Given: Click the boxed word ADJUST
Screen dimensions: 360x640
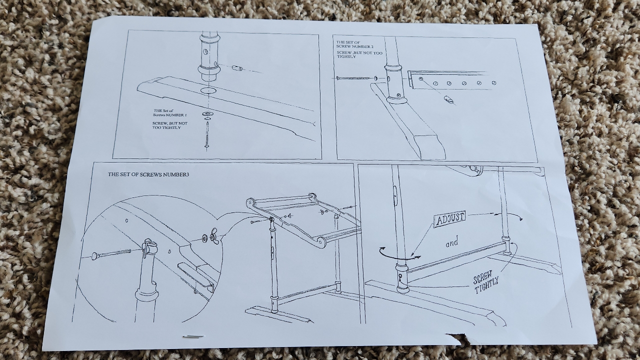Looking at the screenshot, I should pos(450,218).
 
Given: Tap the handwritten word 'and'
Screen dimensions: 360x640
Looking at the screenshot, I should pos(452,243).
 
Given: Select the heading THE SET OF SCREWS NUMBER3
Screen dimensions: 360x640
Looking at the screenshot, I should pos(148,174).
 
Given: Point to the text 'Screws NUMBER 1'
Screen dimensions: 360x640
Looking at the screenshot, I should pos(169,115).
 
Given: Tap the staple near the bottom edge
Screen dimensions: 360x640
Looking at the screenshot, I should pos(192,337).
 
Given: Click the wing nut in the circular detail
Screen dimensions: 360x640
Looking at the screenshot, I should pos(214,236).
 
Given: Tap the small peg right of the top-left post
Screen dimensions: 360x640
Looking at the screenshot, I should pos(237,67).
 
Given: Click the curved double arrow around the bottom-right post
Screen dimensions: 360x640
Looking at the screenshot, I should pos(399,254).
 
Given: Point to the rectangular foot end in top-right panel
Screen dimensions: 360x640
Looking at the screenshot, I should pos(429,145).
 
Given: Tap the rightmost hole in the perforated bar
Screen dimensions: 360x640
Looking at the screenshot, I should pos(493,82).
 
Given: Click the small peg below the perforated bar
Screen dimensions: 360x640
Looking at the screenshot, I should pos(448,99).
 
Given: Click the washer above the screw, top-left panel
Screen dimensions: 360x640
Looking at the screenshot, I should pos(206,114).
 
